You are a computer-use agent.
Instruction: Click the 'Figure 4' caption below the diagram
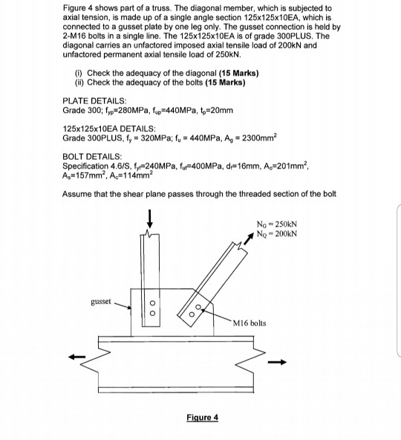(203, 418)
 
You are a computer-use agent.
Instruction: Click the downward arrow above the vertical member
(151, 219)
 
